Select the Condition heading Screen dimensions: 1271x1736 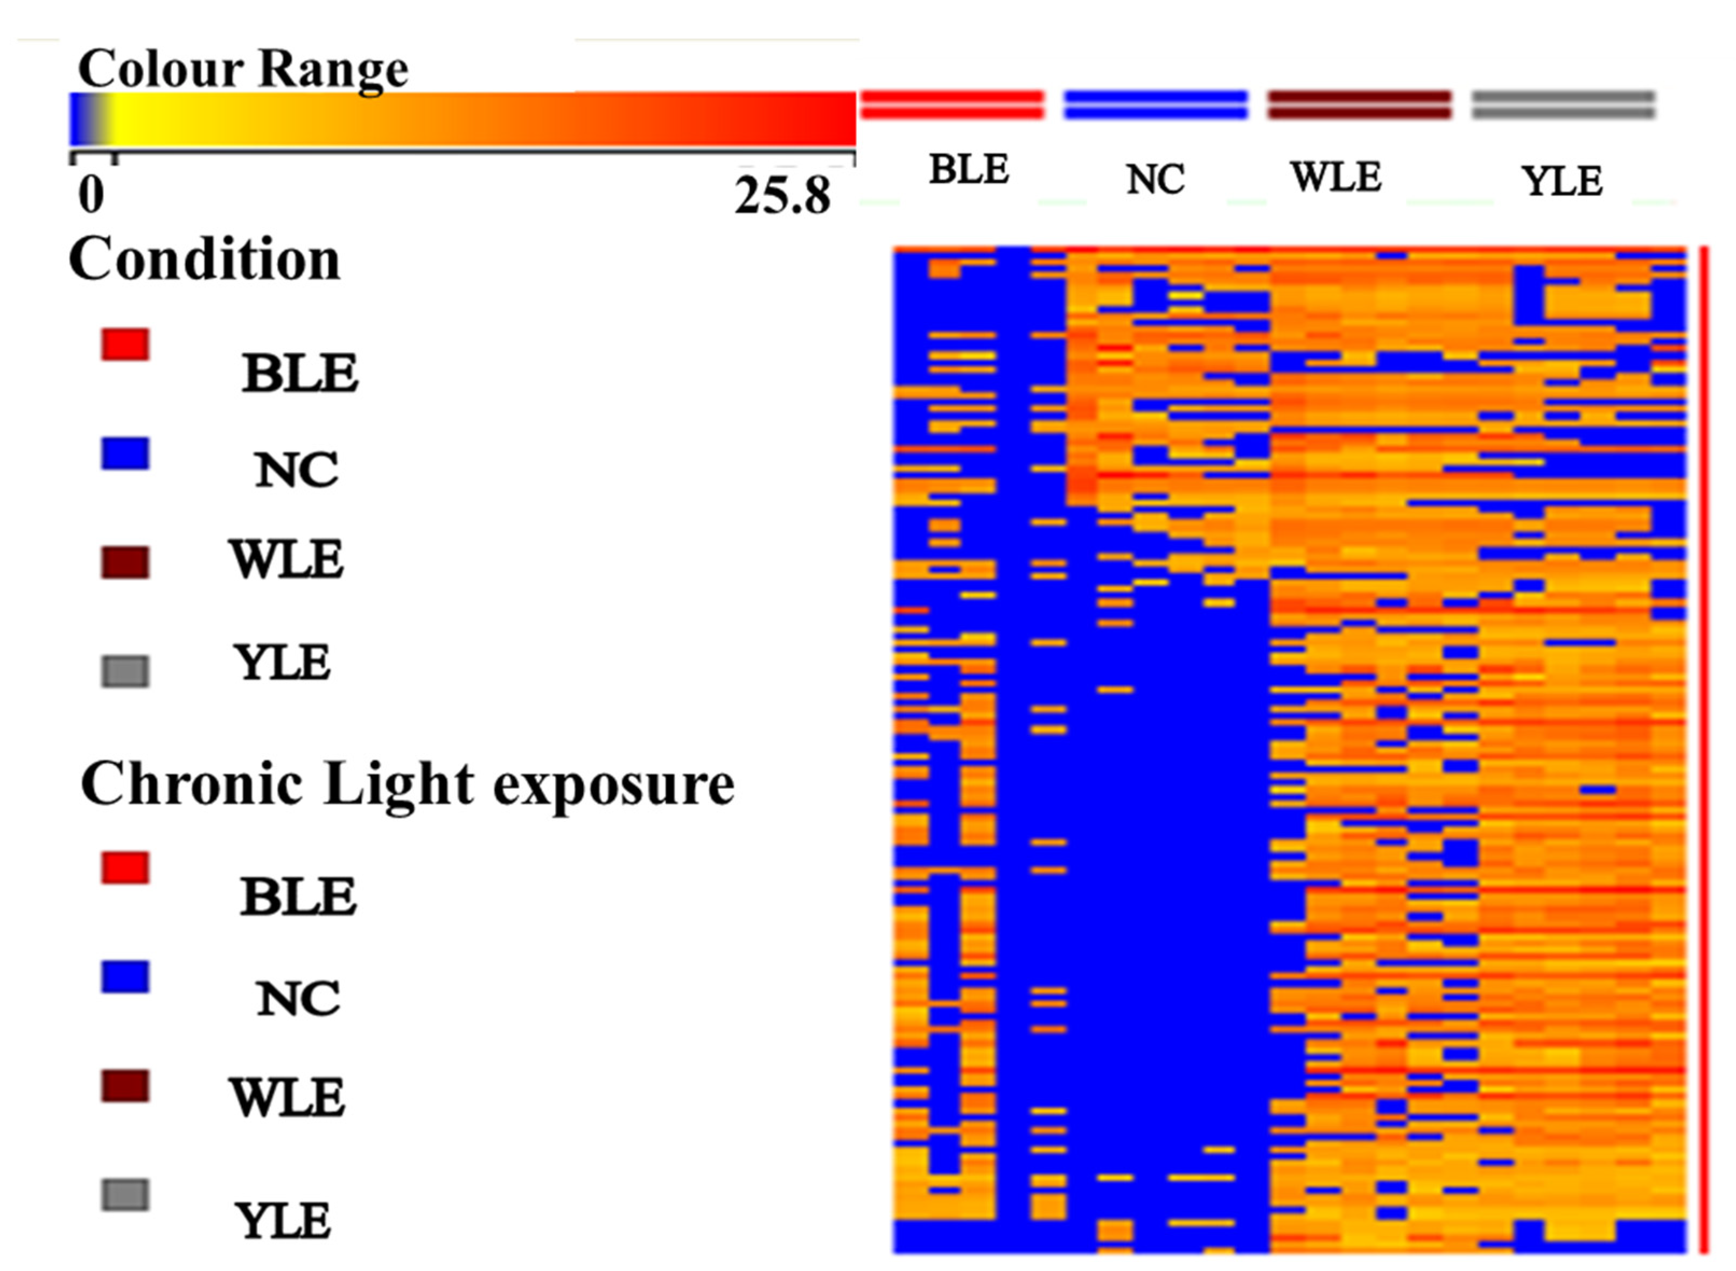point(204,259)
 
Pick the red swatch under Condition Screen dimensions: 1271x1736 point(125,344)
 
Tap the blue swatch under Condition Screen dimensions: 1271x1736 point(125,453)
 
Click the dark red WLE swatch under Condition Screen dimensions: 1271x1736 point(125,563)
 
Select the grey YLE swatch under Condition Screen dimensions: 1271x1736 point(125,671)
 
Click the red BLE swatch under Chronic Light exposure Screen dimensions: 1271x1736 point(125,867)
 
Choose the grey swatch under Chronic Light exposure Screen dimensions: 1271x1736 point(125,1195)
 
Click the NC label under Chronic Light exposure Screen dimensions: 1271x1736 point(297,999)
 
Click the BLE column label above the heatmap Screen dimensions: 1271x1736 point(968,169)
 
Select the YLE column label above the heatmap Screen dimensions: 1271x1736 point(1562,181)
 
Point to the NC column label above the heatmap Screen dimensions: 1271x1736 point(1154,179)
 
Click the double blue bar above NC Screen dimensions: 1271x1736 point(1155,104)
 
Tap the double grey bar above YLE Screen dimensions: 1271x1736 point(1563,104)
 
